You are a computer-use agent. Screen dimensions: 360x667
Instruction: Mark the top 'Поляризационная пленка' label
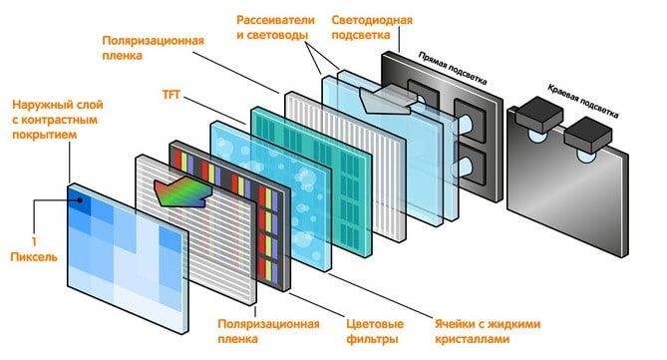pyautogui.click(x=154, y=50)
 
